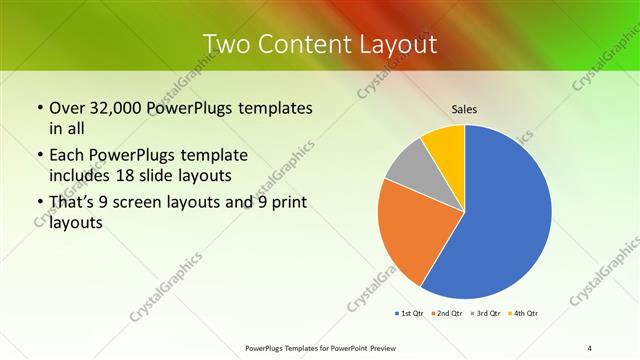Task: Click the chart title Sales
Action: coord(463,108)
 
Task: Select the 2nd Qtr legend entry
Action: coord(448,314)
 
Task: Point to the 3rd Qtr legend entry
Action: coord(486,314)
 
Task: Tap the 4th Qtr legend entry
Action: coord(524,314)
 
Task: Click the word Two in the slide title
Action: coord(227,44)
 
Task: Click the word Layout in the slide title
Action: coord(396,44)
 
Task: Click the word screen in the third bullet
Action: coord(158,203)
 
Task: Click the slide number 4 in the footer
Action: coord(590,348)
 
